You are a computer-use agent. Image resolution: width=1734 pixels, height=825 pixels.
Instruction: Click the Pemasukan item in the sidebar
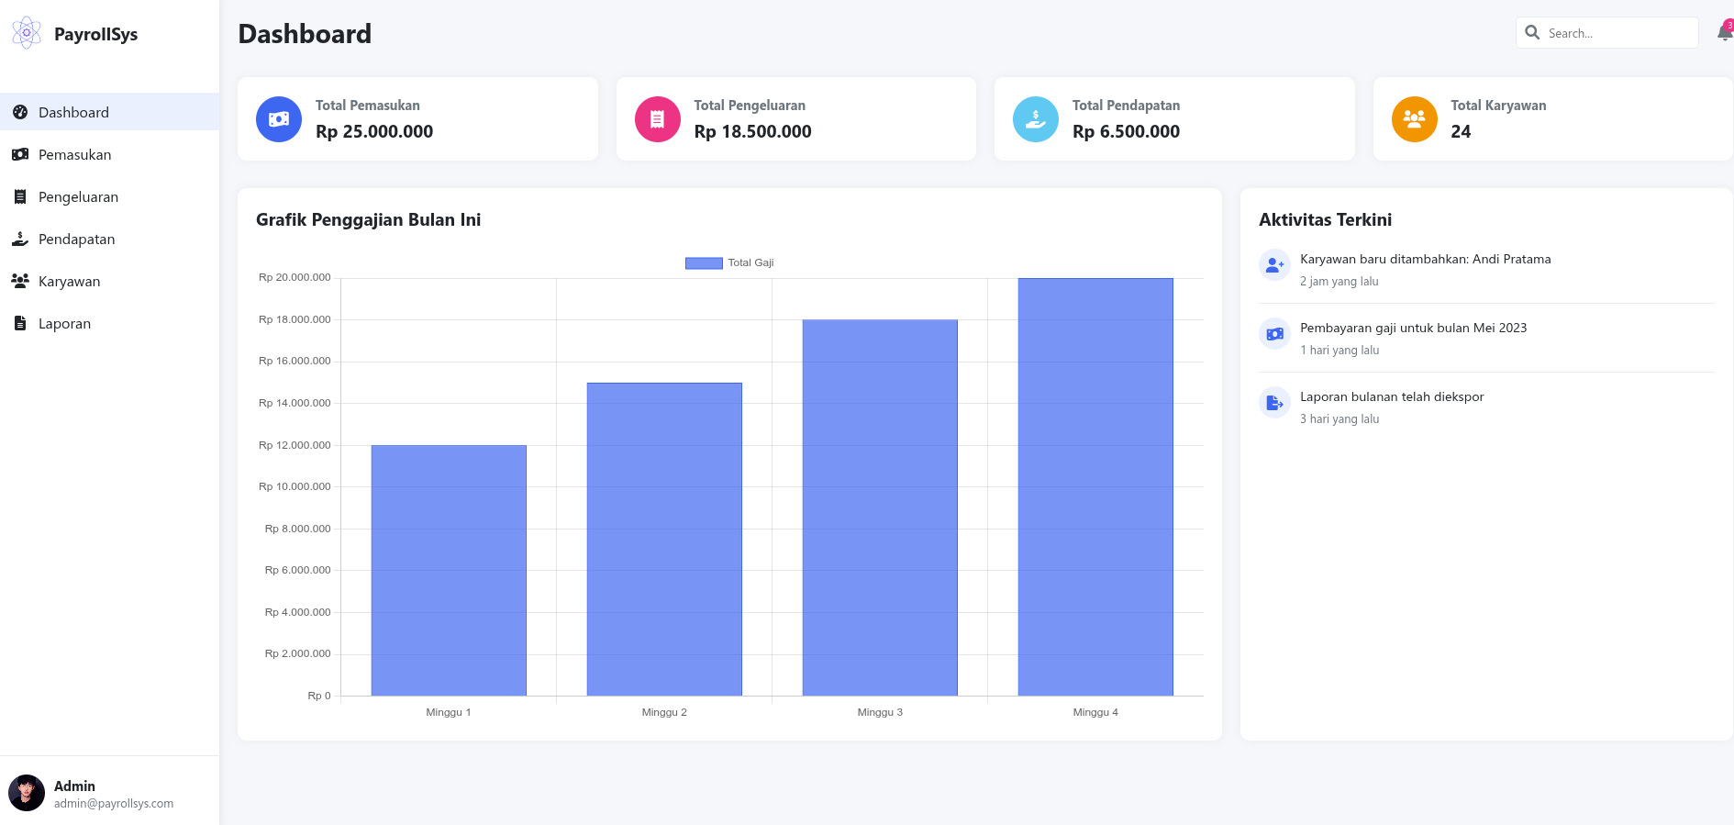pos(74,154)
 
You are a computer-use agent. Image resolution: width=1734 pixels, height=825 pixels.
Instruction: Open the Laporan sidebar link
pos(64,323)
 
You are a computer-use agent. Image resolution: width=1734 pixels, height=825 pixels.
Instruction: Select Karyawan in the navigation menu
pos(69,281)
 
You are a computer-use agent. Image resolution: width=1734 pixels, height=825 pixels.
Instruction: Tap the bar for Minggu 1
pos(449,570)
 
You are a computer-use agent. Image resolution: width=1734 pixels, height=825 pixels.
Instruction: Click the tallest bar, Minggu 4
pos(1095,486)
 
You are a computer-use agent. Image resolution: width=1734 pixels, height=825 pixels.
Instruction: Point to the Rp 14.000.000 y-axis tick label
pos(295,403)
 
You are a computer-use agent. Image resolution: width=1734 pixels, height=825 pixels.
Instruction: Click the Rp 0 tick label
pos(319,696)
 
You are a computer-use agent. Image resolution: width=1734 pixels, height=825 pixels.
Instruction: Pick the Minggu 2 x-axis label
pos(664,712)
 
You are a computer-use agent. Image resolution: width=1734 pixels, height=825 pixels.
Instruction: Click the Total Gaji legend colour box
pos(704,263)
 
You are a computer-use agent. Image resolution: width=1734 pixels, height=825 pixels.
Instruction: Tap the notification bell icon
pos(1724,33)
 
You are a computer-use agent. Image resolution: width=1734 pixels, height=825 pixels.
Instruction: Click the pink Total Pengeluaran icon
pos(658,119)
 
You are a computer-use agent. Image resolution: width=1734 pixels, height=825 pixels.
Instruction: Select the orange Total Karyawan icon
pos(1414,119)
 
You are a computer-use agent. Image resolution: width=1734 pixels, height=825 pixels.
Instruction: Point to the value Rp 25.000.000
pos(374,131)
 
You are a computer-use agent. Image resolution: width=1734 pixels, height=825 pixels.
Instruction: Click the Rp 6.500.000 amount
pos(1126,131)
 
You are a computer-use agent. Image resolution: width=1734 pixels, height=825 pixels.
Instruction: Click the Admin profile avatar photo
pos(27,793)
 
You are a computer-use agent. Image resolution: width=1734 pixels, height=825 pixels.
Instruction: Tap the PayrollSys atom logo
pos(27,33)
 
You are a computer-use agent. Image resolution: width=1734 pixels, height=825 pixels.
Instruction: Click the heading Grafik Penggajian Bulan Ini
pos(368,219)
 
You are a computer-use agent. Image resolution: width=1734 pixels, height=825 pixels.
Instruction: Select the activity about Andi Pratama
pos(1425,260)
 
